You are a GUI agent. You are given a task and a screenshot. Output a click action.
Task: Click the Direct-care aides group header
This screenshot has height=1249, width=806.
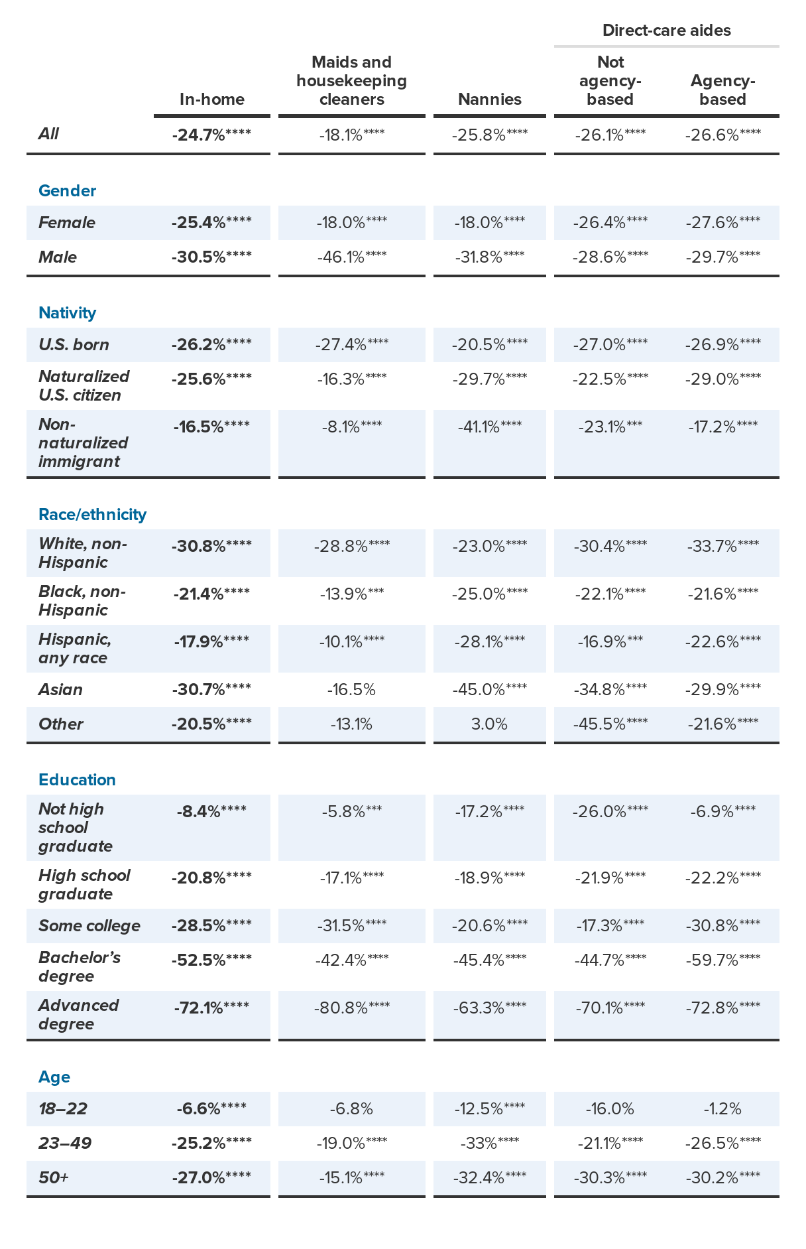(x=666, y=31)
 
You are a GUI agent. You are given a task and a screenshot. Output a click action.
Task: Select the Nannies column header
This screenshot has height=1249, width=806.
(x=489, y=99)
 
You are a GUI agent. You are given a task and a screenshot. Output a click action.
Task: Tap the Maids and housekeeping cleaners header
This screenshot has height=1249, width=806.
(x=351, y=81)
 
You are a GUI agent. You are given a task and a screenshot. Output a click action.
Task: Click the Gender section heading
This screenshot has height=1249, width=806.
(x=67, y=191)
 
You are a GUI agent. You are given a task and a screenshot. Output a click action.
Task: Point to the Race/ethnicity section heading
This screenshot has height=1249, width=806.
(x=92, y=515)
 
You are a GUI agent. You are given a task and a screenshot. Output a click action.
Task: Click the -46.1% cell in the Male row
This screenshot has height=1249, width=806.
(x=351, y=257)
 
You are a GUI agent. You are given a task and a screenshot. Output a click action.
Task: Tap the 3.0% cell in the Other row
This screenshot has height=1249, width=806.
(x=489, y=724)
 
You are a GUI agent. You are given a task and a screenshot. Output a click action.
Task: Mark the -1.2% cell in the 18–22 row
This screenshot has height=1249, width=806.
(x=722, y=1109)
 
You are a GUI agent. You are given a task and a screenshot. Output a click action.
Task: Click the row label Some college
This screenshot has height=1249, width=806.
(x=89, y=926)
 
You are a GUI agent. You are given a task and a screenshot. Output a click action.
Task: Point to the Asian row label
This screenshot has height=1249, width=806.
(x=60, y=690)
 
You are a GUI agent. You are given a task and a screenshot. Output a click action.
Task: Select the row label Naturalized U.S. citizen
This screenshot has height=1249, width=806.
(x=84, y=386)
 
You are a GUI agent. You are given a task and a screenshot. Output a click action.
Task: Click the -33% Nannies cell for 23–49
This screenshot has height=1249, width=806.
(x=489, y=1144)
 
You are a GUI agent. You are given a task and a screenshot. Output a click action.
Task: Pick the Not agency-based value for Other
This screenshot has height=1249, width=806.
(x=610, y=724)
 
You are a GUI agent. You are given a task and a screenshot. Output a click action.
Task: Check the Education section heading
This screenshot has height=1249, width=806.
(x=77, y=780)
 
